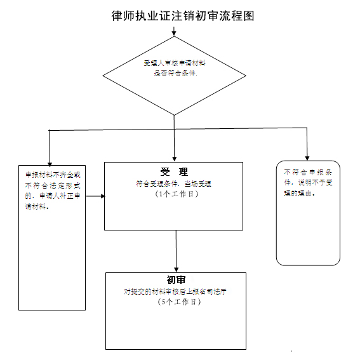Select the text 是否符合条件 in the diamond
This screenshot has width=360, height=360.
click(175, 74)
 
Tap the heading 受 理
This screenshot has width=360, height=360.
click(174, 172)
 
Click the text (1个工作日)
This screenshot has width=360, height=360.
click(173, 193)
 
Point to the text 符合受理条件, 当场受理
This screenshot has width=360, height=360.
click(173, 183)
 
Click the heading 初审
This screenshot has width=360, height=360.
click(176, 280)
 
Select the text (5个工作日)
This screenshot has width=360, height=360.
click(176, 302)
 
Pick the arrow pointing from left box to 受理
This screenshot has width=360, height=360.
click(95, 196)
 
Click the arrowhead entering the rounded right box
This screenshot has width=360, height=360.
click(307, 157)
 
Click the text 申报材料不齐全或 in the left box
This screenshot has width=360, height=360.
click(53, 175)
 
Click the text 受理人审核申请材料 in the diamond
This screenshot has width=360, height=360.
click(173, 63)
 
